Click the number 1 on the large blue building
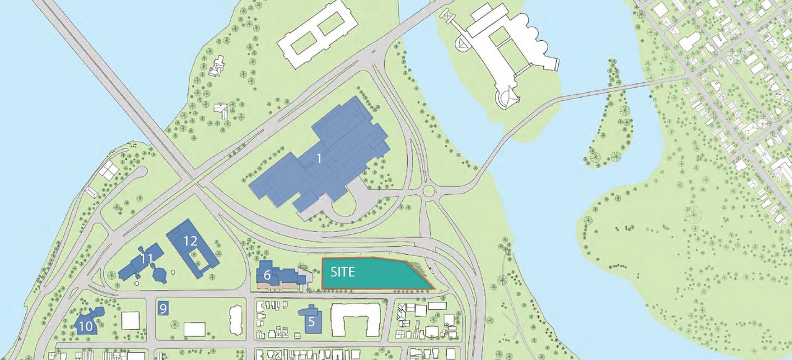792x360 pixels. click(x=319, y=158)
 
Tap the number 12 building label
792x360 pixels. click(x=191, y=241)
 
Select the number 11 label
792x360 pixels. click(x=147, y=259)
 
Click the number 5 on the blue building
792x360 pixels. click(x=312, y=321)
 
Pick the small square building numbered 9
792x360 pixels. click(x=163, y=307)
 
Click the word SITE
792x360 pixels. click(x=342, y=272)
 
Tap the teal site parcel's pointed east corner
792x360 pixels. click(x=431, y=288)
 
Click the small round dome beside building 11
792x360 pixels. click(x=160, y=274)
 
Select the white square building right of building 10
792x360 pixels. click(x=131, y=320)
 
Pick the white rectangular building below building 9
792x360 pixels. click(x=194, y=328)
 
